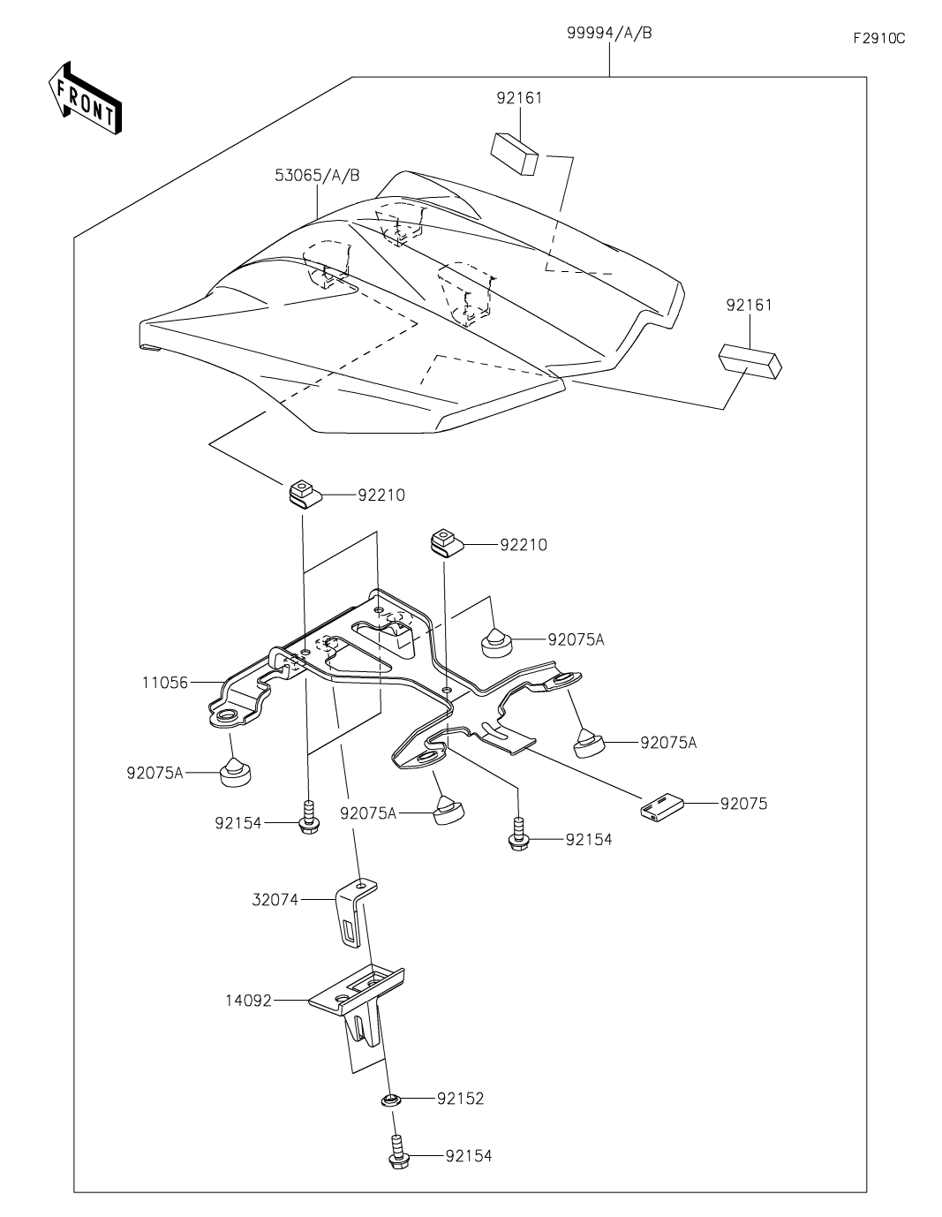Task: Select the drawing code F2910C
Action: tap(878, 39)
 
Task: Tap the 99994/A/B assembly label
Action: tap(609, 34)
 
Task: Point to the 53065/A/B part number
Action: tap(316, 175)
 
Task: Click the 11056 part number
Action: tap(165, 682)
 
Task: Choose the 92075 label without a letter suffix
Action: tap(743, 804)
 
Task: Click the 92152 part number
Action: tap(460, 1099)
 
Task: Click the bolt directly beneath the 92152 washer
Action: tap(396, 1153)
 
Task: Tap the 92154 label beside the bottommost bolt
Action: tap(469, 1155)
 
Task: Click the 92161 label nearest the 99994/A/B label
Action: tap(519, 98)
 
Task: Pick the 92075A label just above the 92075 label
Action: tap(668, 743)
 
